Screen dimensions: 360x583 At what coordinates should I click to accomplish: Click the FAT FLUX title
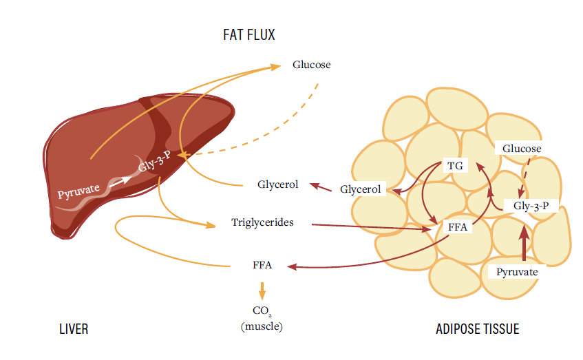point(248,34)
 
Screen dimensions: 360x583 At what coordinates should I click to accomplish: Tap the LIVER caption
point(73,329)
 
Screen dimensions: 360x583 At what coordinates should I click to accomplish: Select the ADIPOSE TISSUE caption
point(477,329)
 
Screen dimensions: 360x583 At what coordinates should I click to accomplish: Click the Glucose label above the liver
point(311,65)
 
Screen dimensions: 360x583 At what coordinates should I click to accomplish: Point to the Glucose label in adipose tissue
point(521,149)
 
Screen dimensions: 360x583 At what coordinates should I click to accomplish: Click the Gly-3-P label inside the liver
point(155,162)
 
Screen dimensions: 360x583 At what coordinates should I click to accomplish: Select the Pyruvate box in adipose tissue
point(517,272)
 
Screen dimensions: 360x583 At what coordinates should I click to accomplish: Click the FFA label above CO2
point(262,265)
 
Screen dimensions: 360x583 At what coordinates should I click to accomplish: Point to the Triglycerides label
point(262,223)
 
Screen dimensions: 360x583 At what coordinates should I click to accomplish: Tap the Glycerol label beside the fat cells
point(361,189)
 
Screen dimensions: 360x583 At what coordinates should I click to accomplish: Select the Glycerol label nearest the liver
point(277,184)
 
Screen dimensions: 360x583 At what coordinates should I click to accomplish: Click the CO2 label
point(262,313)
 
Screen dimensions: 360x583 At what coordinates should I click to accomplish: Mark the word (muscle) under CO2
point(262,326)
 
